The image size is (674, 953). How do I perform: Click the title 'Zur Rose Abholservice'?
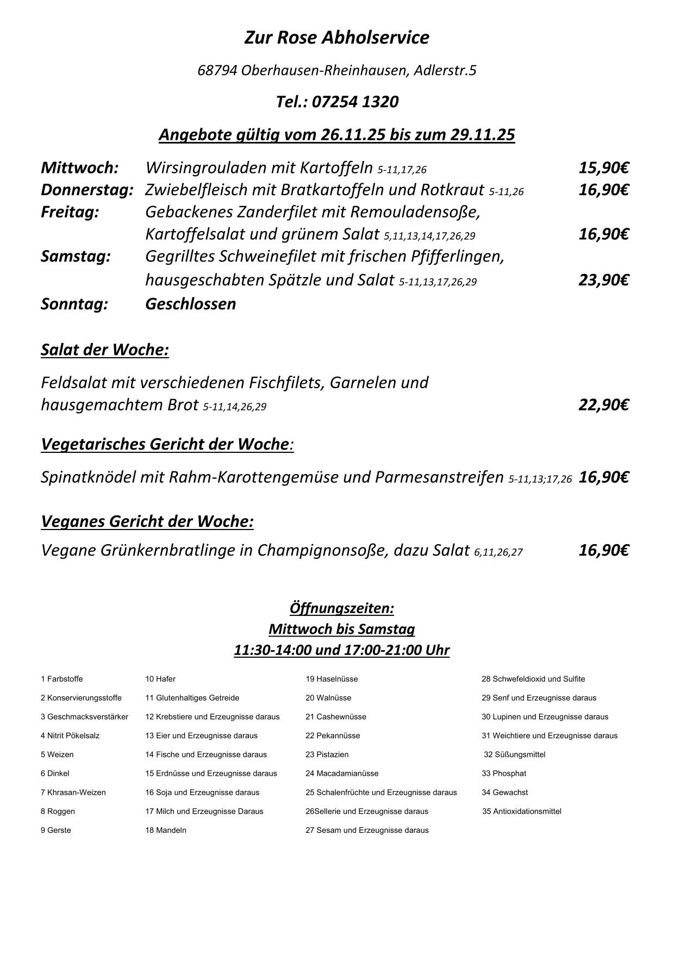click(336, 38)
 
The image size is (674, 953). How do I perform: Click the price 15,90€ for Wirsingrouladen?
click(603, 167)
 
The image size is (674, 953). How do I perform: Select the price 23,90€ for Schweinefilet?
click(603, 280)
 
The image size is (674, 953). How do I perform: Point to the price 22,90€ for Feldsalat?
click(603, 405)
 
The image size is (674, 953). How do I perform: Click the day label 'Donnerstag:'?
click(87, 190)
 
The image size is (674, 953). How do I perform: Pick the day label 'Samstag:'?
click(76, 256)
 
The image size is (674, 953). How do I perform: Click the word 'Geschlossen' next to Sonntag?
click(190, 304)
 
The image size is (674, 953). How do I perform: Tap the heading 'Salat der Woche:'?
click(105, 350)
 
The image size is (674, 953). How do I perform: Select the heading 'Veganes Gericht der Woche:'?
click(147, 521)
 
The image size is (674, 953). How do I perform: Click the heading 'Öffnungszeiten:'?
click(341, 608)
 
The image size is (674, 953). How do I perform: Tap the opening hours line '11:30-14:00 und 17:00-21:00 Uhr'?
click(341, 650)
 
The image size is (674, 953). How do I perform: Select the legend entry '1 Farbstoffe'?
click(61, 679)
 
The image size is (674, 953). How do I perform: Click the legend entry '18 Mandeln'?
click(166, 830)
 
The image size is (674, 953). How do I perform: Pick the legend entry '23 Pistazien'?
click(327, 755)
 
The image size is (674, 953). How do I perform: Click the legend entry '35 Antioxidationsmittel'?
click(522, 811)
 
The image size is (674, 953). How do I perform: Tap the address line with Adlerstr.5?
click(336, 70)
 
